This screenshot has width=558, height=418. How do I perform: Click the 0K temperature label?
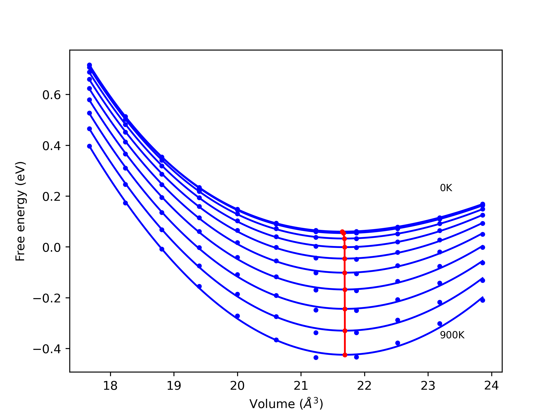(x=446, y=188)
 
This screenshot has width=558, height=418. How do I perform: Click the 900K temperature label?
(x=452, y=335)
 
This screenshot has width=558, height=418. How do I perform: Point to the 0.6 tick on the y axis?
(x=52, y=95)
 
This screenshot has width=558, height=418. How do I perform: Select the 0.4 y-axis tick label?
(x=52, y=146)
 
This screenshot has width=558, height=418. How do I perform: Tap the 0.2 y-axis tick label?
(x=52, y=197)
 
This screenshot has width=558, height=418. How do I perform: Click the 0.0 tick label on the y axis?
(x=52, y=248)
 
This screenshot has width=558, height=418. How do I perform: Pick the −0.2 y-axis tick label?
(x=47, y=298)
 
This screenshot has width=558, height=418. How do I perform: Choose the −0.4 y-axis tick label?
(x=47, y=349)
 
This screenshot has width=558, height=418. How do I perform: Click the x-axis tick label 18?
(x=110, y=386)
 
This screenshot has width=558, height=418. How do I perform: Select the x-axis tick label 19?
(x=174, y=386)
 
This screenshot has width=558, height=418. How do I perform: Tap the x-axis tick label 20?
(x=237, y=386)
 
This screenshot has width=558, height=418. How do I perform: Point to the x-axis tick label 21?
(x=301, y=386)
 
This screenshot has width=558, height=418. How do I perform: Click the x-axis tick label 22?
(x=364, y=386)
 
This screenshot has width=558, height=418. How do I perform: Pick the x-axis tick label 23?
(x=428, y=386)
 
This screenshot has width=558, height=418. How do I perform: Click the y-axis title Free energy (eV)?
(x=20, y=211)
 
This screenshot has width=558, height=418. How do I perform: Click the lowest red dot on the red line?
(x=345, y=355)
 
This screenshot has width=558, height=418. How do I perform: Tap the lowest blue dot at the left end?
(x=90, y=146)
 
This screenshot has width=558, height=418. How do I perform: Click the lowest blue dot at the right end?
(x=483, y=300)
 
